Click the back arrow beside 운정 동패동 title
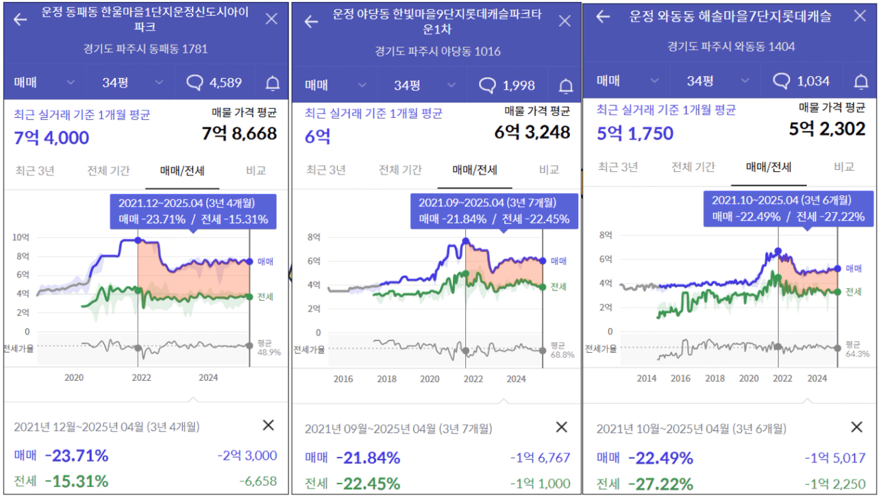21,19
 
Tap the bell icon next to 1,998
566,86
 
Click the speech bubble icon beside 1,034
782,82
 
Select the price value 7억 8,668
239,133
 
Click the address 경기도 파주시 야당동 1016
438,51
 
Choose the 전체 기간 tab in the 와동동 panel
693,166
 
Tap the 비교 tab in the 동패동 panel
256,171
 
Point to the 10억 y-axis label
21,237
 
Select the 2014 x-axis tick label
646,378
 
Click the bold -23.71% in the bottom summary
77,456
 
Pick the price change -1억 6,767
540,458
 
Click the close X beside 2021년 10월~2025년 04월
856,427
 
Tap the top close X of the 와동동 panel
860,16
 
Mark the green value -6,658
258,482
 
